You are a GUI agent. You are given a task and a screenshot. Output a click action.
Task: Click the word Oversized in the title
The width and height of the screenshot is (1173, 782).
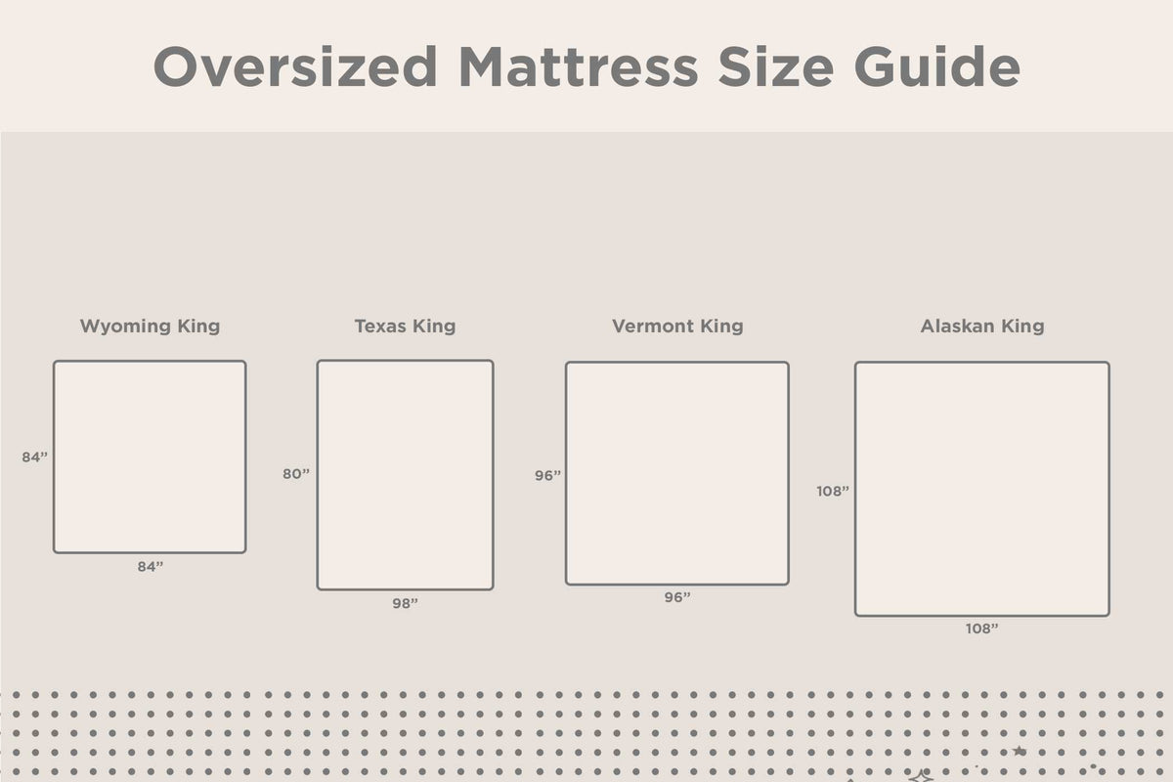295,66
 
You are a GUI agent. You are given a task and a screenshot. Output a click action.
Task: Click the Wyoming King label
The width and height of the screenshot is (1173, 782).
150,326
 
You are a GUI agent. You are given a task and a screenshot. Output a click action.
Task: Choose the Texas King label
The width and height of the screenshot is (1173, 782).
405,326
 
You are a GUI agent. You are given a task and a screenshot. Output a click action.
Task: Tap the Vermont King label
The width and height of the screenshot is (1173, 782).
677,326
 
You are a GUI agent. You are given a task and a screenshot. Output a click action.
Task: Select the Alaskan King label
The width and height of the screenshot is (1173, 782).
982,326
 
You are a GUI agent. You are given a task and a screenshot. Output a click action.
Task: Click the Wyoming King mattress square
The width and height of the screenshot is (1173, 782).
150,456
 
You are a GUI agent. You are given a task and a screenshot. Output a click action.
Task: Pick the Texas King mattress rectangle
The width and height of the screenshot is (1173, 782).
405,475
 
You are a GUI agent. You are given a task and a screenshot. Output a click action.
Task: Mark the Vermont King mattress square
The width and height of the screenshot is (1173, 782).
677,473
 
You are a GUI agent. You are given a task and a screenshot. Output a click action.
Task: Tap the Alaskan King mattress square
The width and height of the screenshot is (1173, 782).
982,489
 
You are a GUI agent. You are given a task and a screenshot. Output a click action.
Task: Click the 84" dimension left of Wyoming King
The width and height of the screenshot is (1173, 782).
35,456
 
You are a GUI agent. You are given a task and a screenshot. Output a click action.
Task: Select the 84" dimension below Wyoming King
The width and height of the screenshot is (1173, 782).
150,567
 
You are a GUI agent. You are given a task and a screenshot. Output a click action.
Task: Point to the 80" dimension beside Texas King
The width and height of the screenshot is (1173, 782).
296,474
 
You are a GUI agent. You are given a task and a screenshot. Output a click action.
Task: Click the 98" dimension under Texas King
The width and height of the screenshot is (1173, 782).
405,604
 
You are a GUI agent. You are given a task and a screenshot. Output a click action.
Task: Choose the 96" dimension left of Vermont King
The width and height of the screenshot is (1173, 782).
547,476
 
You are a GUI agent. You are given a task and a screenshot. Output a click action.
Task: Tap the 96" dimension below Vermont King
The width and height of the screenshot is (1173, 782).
677,597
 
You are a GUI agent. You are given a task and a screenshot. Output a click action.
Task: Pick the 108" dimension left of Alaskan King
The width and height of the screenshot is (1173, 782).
833,492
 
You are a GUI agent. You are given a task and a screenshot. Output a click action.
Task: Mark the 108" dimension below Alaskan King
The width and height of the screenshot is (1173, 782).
982,630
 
